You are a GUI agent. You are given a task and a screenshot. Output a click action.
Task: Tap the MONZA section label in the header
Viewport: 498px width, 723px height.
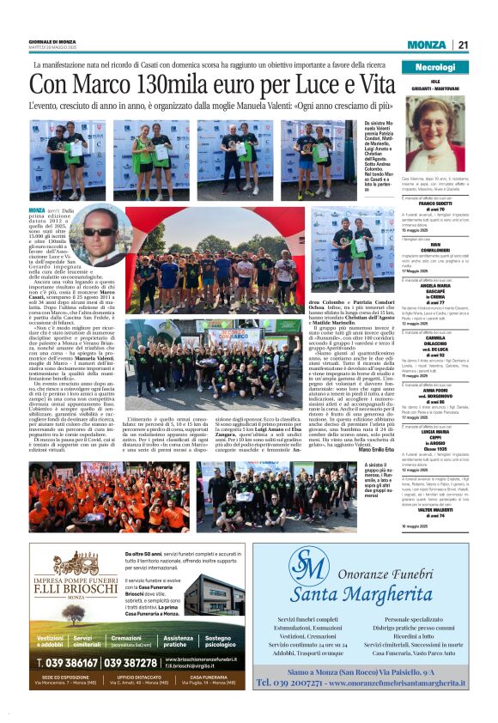pos(427,46)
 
